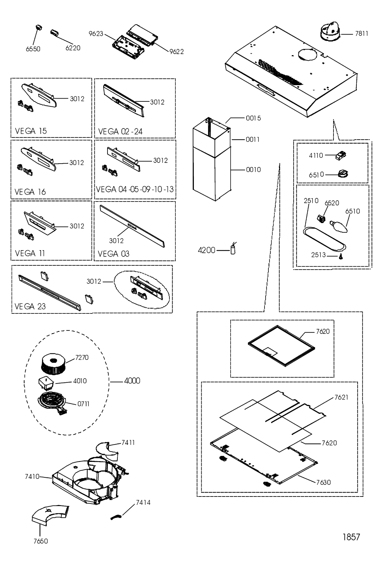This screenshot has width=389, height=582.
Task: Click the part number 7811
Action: (x=361, y=34)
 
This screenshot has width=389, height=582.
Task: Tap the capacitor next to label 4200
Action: (x=233, y=248)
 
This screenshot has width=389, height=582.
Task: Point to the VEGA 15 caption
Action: (x=31, y=131)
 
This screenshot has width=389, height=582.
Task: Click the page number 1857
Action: (x=351, y=537)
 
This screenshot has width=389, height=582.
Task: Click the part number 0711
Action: (x=83, y=404)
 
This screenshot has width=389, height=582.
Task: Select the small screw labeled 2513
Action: (x=341, y=257)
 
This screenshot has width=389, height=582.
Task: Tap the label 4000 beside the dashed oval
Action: (x=132, y=381)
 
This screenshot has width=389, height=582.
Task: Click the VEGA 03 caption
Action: (x=114, y=254)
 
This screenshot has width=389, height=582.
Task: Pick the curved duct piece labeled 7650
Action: (x=51, y=516)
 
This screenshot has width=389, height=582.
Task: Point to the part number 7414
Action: (x=143, y=503)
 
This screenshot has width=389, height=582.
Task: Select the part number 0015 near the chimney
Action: (x=253, y=118)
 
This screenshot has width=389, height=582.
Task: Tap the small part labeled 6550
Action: (x=39, y=28)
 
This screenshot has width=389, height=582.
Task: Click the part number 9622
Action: (x=176, y=52)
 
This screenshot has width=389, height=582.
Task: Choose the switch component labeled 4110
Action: (x=341, y=155)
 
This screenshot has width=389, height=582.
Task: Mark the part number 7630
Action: (x=324, y=482)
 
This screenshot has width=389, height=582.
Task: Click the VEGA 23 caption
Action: (x=30, y=307)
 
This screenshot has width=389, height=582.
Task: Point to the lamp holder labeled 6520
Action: (x=322, y=218)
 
